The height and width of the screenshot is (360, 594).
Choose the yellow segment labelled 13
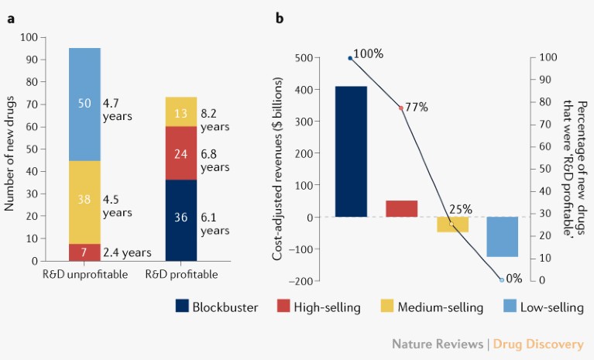click(x=180, y=111)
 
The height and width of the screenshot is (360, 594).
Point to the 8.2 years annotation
click(x=215, y=118)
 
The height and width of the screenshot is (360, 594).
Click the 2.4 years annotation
click(x=127, y=252)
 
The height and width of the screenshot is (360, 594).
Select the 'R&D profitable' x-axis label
click(x=180, y=275)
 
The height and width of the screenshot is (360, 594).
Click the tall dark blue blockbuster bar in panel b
click(x=351, y=151)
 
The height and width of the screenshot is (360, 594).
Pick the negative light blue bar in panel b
click(x=502, y=236)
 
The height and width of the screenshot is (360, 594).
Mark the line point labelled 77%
click(x=400, y=108)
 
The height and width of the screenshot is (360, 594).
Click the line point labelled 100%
click(x=350, y=58)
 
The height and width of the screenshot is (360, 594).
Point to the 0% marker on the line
click(x=502, y=279)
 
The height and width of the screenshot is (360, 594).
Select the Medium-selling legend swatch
click(x=386, y=307)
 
